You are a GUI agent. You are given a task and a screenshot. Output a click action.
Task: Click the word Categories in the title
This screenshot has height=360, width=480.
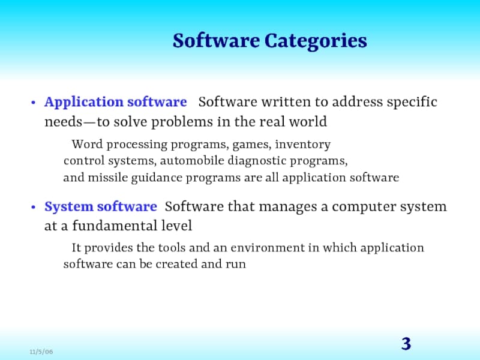pyautogui.click(x=316, y=41)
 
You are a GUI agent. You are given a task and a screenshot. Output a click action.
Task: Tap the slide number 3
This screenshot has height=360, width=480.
pyautogui.click(x=406, y=344)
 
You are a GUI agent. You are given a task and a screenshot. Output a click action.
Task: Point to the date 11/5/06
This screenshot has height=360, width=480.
pyautogui.click(x=41, y=352)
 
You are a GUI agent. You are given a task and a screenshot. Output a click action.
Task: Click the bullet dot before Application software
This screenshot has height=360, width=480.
pyautogui.click(x=34, y=103)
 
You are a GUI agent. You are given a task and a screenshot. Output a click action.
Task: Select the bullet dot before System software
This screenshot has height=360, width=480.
pyautogui.click(x=34, y=207)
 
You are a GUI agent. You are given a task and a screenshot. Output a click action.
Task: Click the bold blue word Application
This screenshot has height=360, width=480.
pyautogui.click(x=84, y=103)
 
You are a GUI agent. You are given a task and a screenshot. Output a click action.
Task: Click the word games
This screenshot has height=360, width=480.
pyautogui.click(x=251, y=145)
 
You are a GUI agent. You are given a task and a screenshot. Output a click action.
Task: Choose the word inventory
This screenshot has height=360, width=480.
pyautogui.click(x=303, y=145)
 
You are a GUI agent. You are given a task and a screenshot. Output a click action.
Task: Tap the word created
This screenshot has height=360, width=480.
pyautogui.click(x=176, y=264)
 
